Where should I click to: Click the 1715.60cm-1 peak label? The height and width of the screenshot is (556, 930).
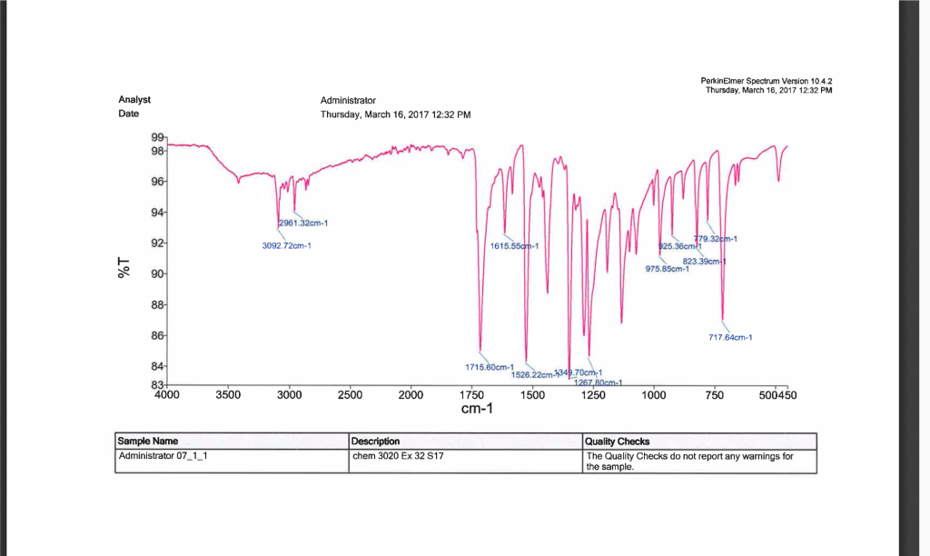click(490, 367)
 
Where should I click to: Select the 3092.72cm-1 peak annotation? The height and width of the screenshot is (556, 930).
click(286, 245)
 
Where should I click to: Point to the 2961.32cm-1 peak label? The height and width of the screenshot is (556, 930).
click(302, 223)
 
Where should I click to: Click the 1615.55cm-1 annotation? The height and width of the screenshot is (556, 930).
click(514, 246)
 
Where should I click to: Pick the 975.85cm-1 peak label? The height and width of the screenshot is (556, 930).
click(668, 268)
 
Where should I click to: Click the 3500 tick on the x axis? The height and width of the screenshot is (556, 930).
click(228, 394)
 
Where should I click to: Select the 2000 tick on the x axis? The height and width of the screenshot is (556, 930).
click(411, 394)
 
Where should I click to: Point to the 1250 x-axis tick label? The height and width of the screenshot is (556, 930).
click(592, 394)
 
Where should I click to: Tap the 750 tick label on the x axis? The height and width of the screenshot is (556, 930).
click(714, 394)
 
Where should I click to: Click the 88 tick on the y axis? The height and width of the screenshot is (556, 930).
click(157, 305)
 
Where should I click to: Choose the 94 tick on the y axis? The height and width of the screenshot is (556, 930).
click(157, 213)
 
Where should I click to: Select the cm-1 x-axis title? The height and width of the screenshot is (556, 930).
click(477, 410)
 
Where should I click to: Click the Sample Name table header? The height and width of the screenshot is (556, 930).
click(148, 442)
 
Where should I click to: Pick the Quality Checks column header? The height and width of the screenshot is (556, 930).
click(618, 442)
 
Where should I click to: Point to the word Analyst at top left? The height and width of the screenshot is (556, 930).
click(134, 100)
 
